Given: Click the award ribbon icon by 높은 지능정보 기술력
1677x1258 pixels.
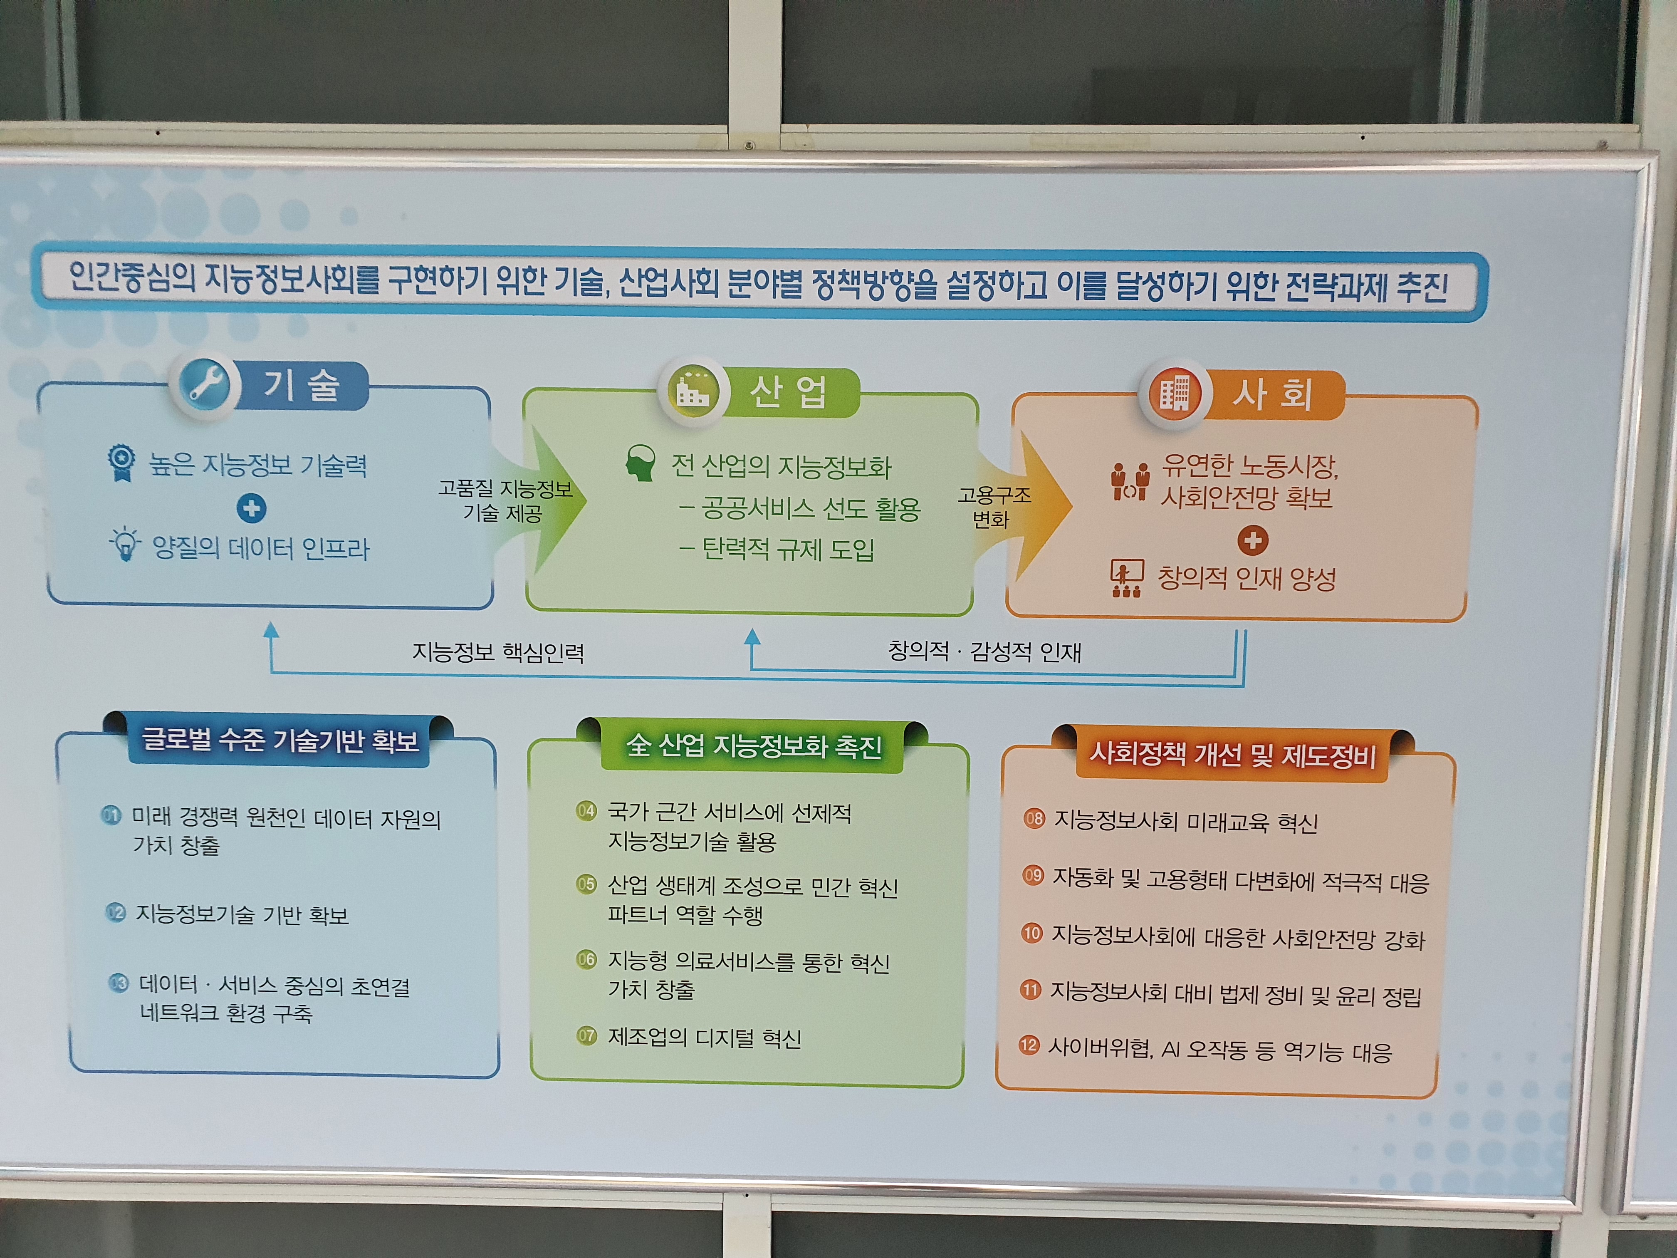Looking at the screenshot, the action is pyautogui.click(x=121, y=462).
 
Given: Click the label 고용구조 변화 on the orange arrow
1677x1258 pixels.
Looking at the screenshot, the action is pyautogui.click(x=993, y=507).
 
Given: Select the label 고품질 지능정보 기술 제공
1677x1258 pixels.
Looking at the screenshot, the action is pyautogui.click(x=504, y=500).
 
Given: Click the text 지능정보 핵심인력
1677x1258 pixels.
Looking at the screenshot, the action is pyautogui.click(x=497, y=652).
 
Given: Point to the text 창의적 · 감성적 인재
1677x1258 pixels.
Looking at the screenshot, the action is pyautogui.click(x=984, y=651).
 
